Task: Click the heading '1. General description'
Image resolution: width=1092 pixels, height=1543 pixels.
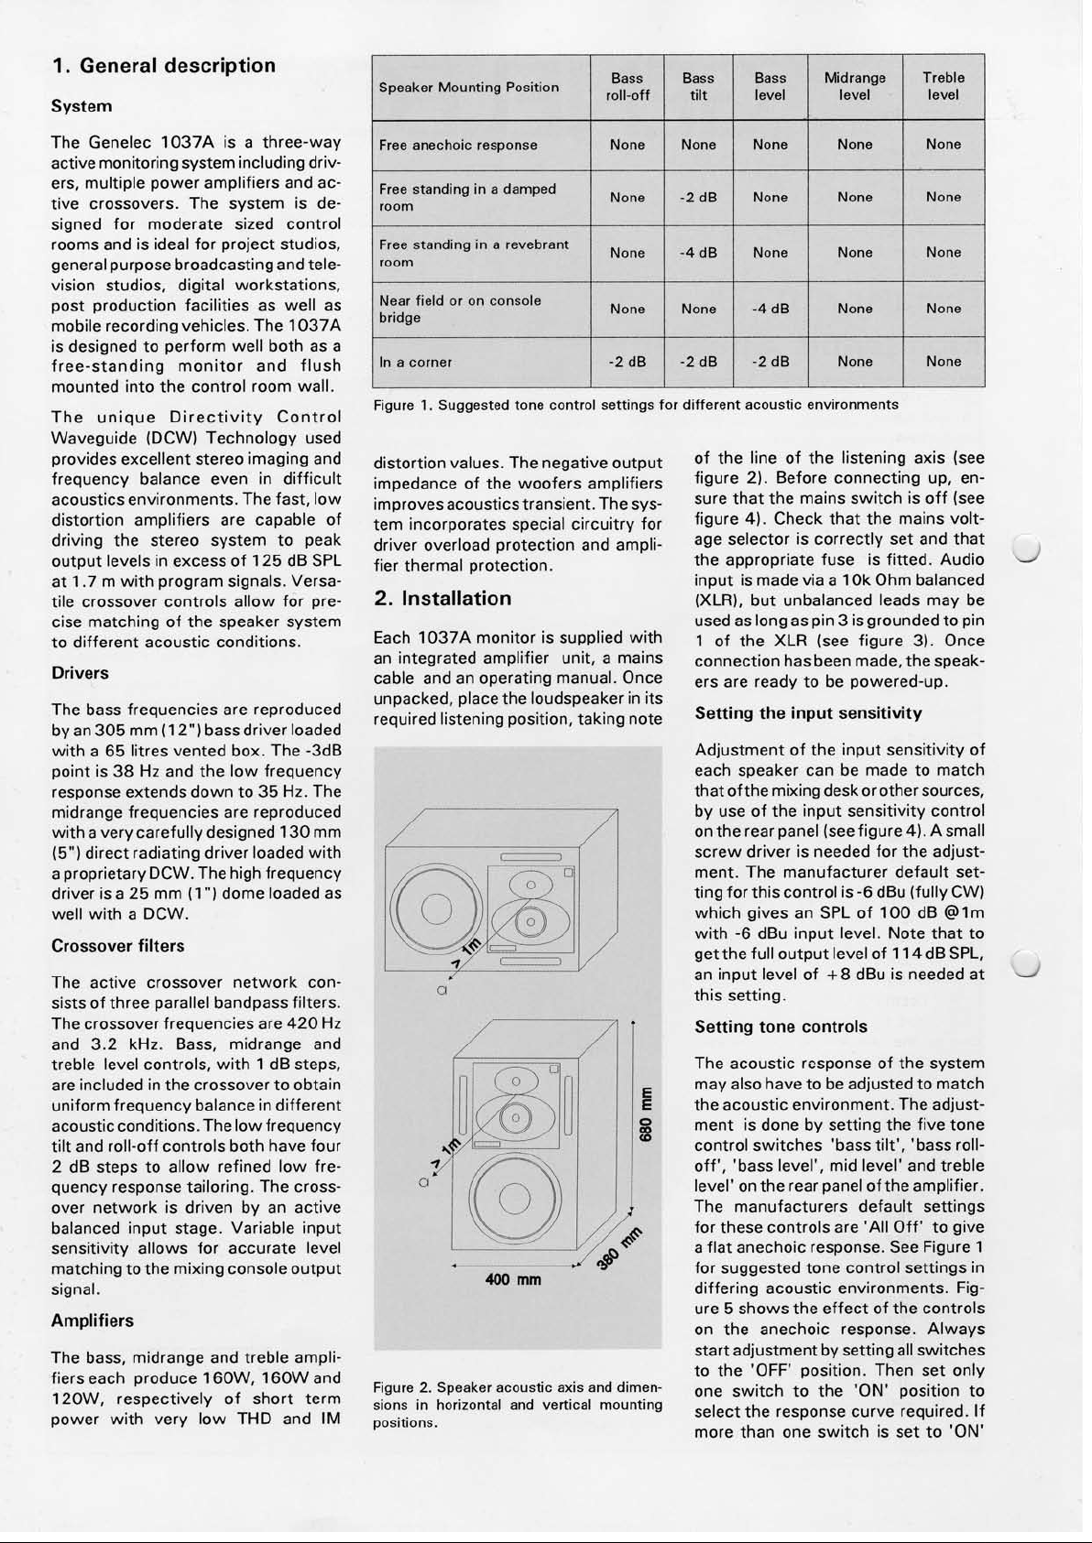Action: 164,66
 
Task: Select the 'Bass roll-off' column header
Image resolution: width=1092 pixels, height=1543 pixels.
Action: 628,87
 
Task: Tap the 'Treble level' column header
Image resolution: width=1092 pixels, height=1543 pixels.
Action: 943,87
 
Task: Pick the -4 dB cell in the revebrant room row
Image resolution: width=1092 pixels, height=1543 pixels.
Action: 698,253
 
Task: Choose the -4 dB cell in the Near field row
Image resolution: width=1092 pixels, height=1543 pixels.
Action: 770,310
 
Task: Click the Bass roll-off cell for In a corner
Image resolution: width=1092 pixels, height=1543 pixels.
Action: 628,362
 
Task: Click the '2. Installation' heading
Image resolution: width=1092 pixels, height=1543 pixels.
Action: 442,599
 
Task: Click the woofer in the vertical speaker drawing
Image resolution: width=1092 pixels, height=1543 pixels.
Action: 517,1198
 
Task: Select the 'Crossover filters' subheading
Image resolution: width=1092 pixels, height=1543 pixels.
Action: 118,946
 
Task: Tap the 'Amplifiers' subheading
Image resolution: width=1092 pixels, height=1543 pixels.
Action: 93,1320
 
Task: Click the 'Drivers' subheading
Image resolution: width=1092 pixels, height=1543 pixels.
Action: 81,673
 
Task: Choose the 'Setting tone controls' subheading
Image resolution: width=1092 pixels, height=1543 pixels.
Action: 781,1027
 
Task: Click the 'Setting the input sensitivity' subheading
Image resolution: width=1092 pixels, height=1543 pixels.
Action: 808,713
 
